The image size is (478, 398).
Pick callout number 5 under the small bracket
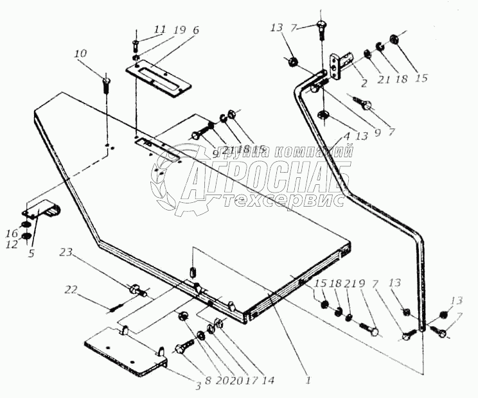[31, 253]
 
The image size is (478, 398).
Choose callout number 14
[268, 381]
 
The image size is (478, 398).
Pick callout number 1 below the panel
[308, 380]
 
